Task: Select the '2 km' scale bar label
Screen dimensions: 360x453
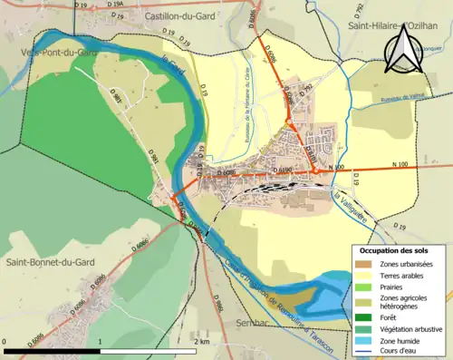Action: tap(202, 341)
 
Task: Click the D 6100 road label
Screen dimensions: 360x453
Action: tap(283, 170)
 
